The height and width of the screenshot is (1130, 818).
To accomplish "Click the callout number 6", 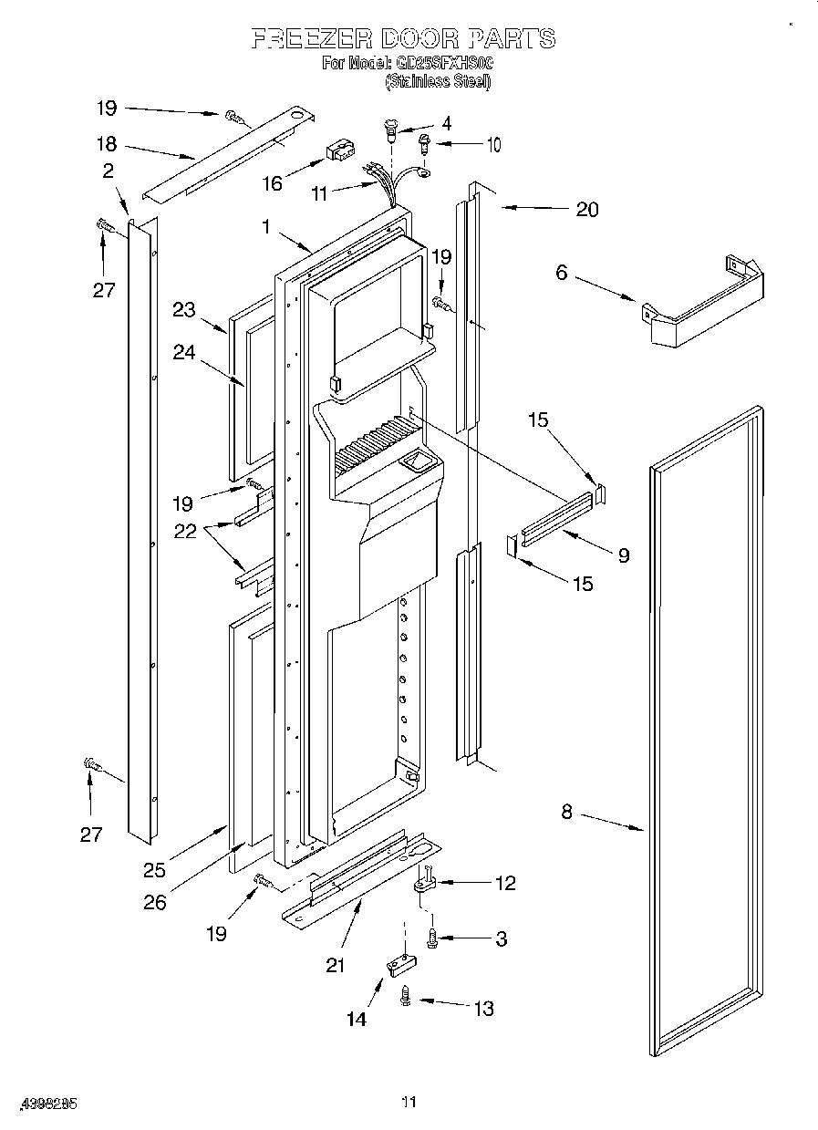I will click(561, 272).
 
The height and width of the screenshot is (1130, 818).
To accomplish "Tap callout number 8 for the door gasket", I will click(566, 812).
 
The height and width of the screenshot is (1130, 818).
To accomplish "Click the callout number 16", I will click(272, 183).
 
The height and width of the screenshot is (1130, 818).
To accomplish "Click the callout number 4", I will click(446, 123).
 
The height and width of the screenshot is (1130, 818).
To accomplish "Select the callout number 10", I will click(492, 144).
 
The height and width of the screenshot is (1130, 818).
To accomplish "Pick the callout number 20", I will click(586, 209).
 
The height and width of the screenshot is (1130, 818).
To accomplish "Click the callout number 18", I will click(107, 143).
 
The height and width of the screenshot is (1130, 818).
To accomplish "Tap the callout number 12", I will click(503, 883).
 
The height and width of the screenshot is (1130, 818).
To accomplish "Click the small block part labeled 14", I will click(398, 965).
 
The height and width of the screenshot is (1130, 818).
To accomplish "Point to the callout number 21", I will click(336, 965).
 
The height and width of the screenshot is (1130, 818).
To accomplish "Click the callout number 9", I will click(623, 555).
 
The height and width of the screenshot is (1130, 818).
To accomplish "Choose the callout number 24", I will click(185, 351).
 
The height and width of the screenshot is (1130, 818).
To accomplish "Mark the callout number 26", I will click(155, 903).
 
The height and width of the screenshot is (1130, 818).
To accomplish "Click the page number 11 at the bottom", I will click(409, 1103).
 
